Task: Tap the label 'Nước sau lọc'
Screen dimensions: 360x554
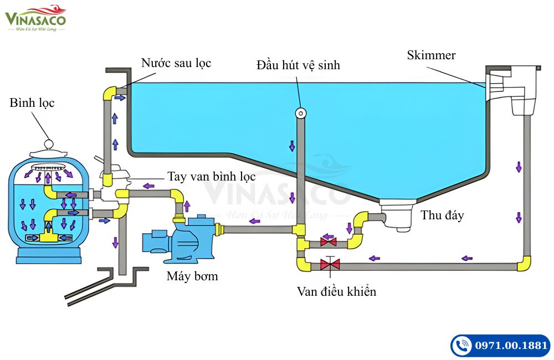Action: coord(176,63)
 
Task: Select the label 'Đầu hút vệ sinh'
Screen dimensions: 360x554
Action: coord(298,65)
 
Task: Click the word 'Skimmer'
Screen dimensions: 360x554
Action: coord(431,55)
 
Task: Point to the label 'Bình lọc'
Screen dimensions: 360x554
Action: coord(32,103)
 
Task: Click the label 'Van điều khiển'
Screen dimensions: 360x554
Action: coord(336,291)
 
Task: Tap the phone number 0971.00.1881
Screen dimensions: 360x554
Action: coord(511,346)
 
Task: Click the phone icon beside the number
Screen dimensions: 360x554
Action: coord(461,346)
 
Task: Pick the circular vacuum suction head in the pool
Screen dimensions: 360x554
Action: coord(300,112)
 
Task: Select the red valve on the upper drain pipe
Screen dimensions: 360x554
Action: coord(329,242)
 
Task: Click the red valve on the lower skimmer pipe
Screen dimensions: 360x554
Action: coord(330,265)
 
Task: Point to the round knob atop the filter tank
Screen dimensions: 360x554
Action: coord(48,143)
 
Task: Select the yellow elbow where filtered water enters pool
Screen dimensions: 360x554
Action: coord(110,92)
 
